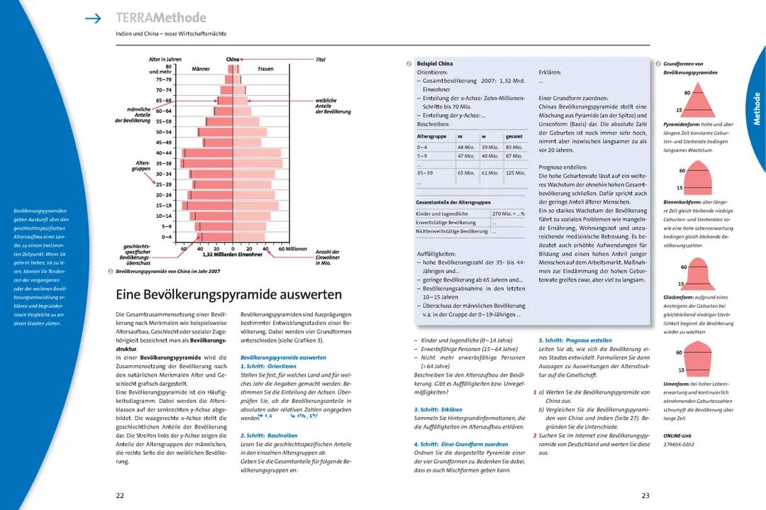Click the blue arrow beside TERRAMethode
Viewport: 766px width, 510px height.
coord(93,18)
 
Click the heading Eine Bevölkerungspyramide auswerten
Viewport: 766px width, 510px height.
coord(228,294)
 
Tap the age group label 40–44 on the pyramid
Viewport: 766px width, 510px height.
coord(164,153)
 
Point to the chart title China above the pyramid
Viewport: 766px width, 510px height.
coord(233,60)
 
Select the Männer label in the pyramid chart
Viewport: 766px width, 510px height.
coord(201,69)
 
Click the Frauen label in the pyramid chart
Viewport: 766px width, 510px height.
coord(266,69)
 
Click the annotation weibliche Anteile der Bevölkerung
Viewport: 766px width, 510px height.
coord(333,106)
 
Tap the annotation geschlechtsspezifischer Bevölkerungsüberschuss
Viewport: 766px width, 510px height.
coord(135,255)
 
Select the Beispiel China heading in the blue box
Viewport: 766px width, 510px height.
coord(435,64)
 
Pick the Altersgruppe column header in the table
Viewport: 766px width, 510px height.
coord(431,136)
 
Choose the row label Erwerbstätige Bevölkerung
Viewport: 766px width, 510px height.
coord(446,222)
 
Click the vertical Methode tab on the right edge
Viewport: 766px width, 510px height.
coord(756,108)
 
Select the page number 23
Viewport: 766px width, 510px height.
coord(645,495)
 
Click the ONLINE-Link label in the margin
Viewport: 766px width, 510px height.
coord(678,435)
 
